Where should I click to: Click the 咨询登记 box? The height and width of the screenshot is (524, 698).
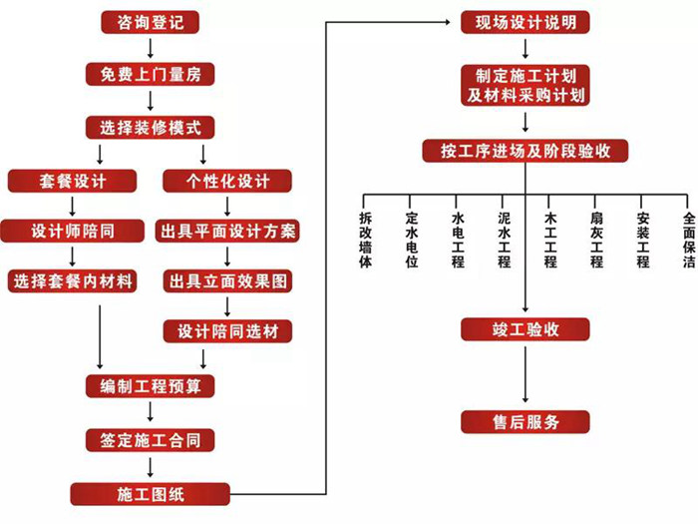150,21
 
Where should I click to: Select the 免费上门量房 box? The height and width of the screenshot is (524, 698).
150,74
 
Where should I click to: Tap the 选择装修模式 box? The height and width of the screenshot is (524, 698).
150,127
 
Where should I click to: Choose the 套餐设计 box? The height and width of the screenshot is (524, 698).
72,181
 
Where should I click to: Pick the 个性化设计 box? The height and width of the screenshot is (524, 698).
228,181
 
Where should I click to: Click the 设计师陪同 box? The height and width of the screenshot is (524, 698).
72,232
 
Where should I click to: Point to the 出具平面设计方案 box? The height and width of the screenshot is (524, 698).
228,232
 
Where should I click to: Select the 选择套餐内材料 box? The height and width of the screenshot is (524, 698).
72,281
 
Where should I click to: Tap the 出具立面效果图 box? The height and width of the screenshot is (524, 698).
228,281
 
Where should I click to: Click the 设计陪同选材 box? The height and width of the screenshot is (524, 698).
228,331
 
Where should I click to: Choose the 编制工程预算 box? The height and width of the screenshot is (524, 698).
150,386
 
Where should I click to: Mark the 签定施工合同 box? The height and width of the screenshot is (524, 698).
150,440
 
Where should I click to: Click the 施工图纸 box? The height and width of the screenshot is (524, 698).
150,493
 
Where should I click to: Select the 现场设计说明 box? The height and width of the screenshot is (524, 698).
525,21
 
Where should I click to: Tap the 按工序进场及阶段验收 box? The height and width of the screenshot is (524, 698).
525,151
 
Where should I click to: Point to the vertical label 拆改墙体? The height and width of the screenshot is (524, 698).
365,240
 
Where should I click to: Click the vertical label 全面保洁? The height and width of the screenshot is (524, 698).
688,240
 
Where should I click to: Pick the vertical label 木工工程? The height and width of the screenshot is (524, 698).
549,240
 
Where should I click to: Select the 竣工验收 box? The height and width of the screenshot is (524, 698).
525,330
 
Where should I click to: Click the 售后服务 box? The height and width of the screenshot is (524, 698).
525,421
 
